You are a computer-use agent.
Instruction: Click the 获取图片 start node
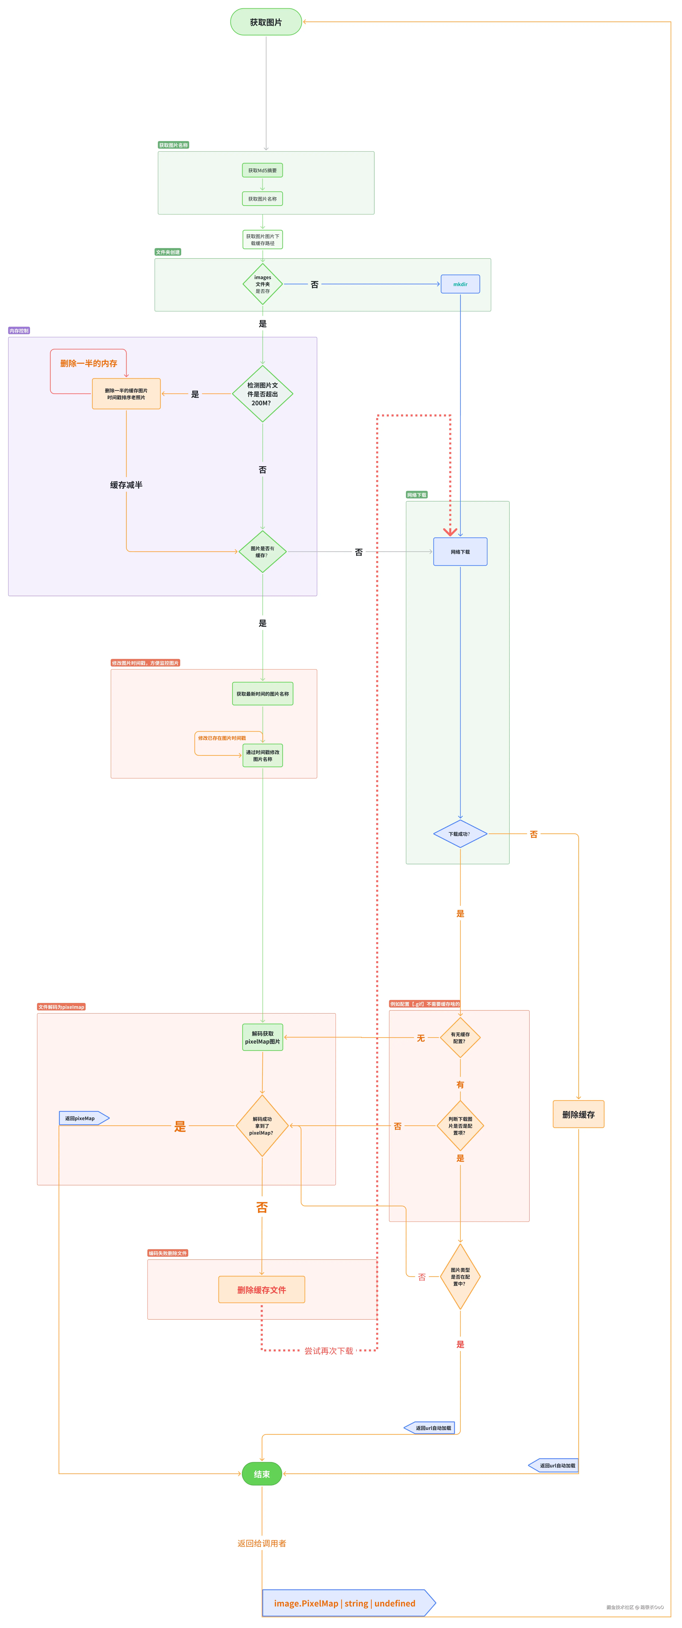pyautogui.click(x=265, y=22)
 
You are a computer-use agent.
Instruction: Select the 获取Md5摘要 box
pyautogui.click(x=262, y=170)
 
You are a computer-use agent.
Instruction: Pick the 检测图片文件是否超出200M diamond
pyautogui.click(x=262, y=394)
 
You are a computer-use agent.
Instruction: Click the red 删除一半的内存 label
pyautogui.click(x=89, y=363)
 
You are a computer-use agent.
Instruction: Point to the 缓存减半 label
pyautogui.click(x=126, y=485)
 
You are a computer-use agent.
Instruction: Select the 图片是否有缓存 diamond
pyautogui.click(x=262, y=552)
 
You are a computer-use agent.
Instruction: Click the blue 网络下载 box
pyautogui.click(x=460, y=552)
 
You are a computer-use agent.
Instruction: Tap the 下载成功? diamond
pyautogui.click(x=460, y=834)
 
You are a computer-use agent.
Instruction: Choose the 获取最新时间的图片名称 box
pyautogui.click(x=262, y=694)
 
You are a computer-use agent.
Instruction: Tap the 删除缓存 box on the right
pyautogui.click(x=578, y=1114)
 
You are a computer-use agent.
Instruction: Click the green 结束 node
pyautogui.click(x=262, y=1474)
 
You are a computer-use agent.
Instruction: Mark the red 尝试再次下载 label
pyautogui.click(x=329, y=1351)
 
